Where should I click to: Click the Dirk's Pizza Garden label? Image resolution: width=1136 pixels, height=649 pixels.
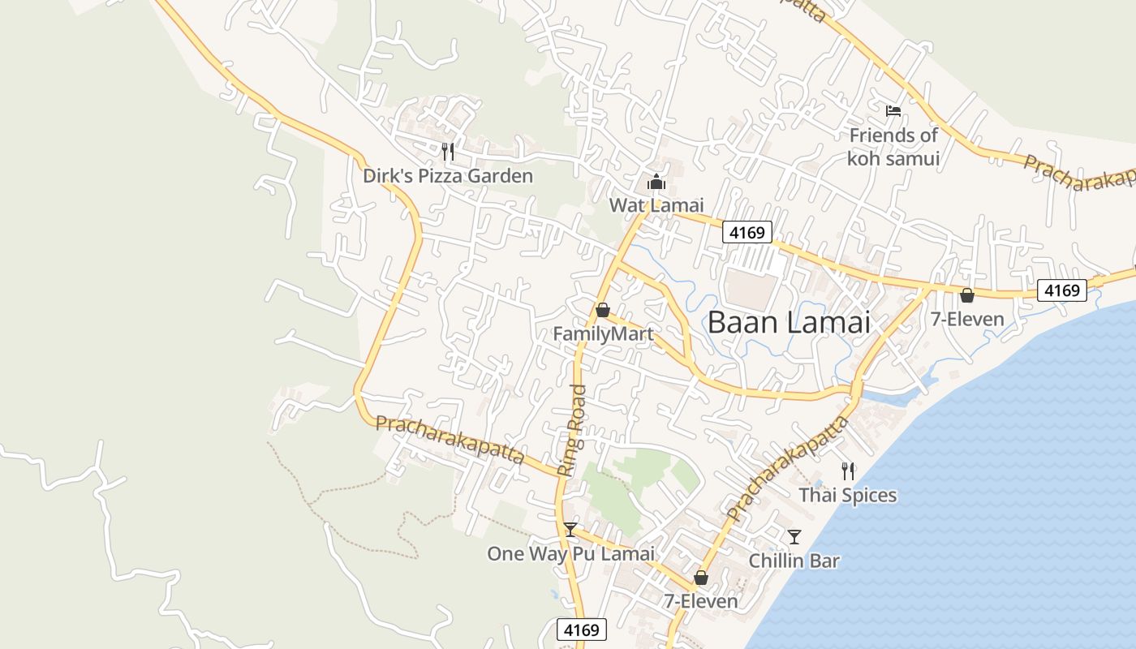(x=448, y=176)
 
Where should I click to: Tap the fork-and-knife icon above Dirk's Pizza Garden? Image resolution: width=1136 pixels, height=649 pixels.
(x=447, y=150)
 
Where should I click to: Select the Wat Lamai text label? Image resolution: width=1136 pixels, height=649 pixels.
(x=656, y=205)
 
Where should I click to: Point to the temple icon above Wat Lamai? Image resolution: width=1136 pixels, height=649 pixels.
(x=656, y=181)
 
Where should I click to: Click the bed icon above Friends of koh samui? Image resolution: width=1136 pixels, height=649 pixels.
(x=893, y=110)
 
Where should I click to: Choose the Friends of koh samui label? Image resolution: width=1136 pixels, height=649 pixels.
(x=893, y=147)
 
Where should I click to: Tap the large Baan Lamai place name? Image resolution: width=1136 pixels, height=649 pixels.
(x=789, y=322)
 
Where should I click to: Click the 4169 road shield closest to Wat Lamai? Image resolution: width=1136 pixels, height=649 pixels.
(x=747, y=233)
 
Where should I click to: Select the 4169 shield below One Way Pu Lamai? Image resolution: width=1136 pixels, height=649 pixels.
(x=582, y=630)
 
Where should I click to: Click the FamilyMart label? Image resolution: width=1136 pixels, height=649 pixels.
(x=603, y=334)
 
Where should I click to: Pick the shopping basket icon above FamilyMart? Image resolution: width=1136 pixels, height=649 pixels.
(x=602, y=310)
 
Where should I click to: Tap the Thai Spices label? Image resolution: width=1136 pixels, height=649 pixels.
(x=848, y=495)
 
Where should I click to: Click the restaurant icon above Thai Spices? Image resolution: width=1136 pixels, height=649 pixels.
(x=848, y=471)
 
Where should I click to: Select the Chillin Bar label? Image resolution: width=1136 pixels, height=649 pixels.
(x=794, y=561)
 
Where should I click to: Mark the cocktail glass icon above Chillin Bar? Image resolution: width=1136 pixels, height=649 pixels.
(x=794, y=536)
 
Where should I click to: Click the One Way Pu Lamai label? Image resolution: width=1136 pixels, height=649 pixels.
(x=570, y=554)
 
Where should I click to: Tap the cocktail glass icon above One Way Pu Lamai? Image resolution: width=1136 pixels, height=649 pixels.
(x=570, y=530)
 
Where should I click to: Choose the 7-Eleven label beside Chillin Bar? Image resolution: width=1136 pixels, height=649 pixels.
(x=701, y=601)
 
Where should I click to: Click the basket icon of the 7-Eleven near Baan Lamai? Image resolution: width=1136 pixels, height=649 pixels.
(x=966, y=295)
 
